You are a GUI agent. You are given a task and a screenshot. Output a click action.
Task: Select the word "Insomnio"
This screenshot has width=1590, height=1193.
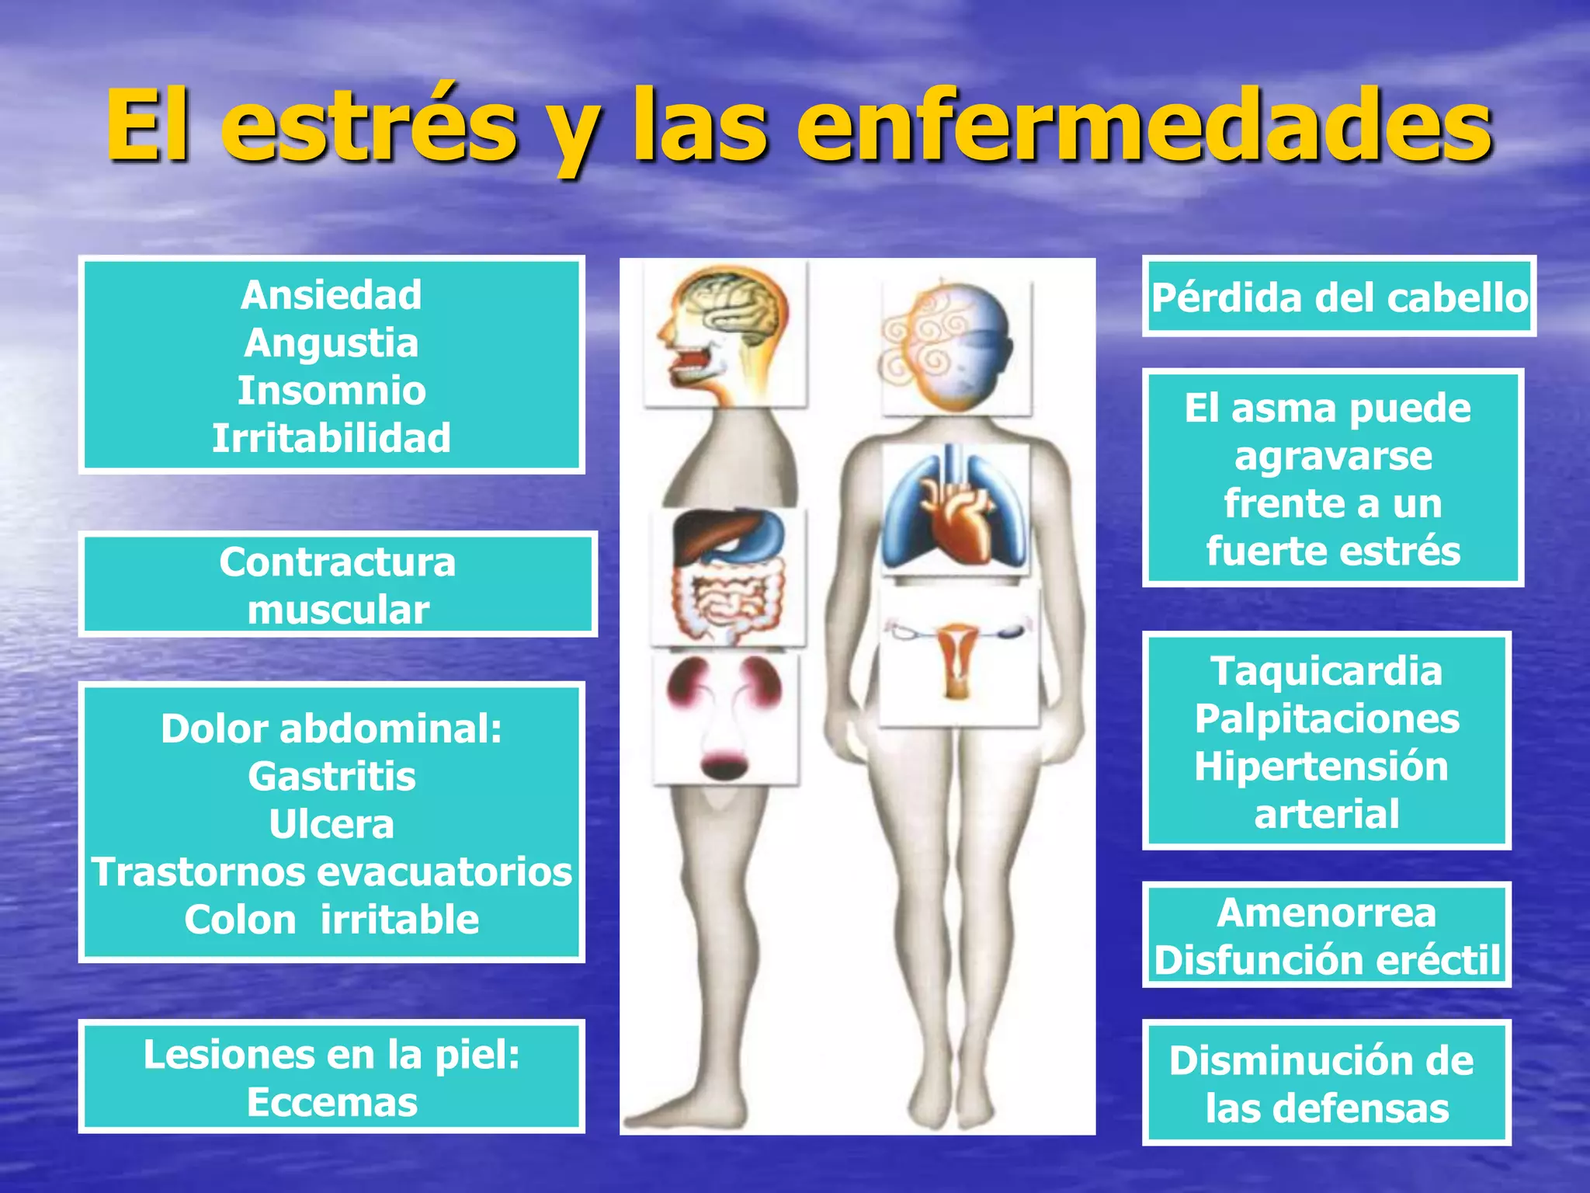click(332, 390)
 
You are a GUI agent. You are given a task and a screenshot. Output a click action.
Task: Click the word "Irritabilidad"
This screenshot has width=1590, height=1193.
click(332, 438)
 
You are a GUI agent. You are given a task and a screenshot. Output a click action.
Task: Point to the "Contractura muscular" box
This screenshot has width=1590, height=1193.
click(338, 585)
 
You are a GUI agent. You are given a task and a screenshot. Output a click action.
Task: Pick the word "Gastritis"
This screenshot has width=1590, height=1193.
click(332, 776)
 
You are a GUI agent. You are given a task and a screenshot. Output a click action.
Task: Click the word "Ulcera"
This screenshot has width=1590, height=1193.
click(332, 824)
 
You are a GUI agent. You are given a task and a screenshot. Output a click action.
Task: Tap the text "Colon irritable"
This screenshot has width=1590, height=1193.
click(332, 920)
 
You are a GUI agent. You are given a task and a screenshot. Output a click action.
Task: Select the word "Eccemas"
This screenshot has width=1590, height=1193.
click(332, 1102)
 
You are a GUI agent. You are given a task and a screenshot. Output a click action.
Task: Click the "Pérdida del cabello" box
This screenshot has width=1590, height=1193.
click(1338, 297)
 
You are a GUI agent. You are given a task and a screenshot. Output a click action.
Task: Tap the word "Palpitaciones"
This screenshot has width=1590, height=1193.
click(1326, 718)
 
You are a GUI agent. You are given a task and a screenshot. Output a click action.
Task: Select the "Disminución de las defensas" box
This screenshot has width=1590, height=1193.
click(1326, 1083)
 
